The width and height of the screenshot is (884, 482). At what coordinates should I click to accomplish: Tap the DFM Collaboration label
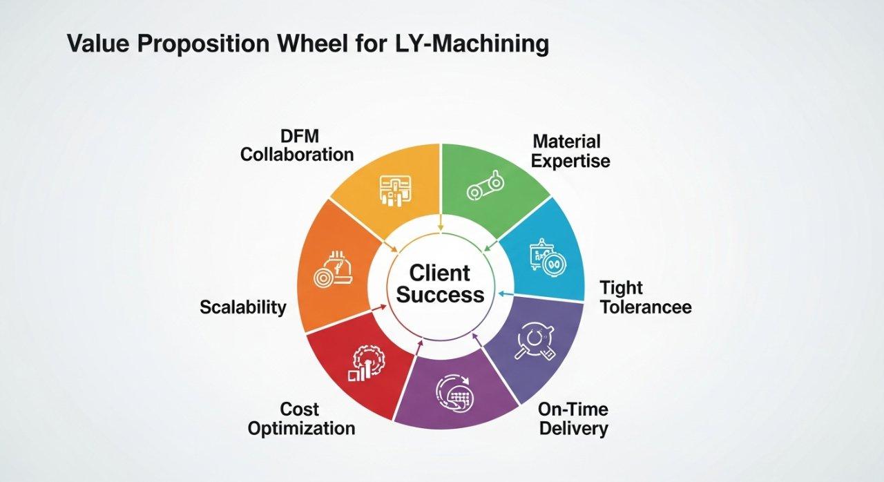[x=297, y=144]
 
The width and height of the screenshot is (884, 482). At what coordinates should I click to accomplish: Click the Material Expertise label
[x=570, y=151]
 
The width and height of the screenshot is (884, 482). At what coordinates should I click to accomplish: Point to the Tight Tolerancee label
[x=645, y=297]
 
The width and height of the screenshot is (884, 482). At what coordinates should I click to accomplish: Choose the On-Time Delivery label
[x=573, y=418]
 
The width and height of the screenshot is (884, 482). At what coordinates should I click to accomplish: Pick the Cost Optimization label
[x=301, y=418]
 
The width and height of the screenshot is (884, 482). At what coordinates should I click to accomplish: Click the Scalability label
[x=242, y=307]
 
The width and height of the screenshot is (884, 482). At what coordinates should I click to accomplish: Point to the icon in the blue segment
[x=547, y=259]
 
